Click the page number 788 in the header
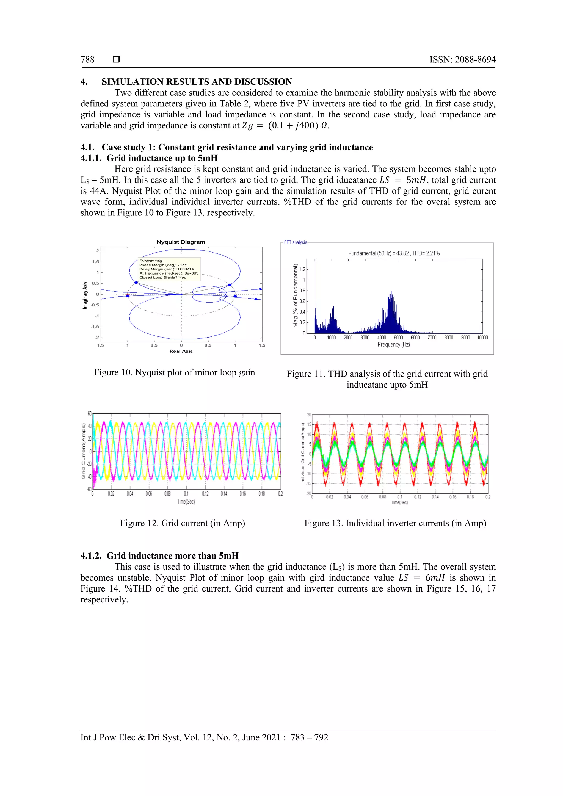[x=87, y=60]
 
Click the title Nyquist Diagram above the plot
[x=181, y=242]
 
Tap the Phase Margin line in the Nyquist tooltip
[x=163, y=265]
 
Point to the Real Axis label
[x=181, y=351]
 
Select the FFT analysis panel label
[x=295, y=242]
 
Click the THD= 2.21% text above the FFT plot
[x=426, y=253]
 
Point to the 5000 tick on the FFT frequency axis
[x=398, y=337]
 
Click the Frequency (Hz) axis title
[x=394, y=345]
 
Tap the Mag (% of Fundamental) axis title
[x=295, y=295]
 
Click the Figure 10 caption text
[x=174, y=372]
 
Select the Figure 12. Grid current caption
[x=182, y=523]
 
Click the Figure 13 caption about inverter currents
[x=395, y=523]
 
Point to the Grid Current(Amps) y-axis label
[x=83, y=451]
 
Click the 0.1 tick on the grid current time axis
[x=186, y=494]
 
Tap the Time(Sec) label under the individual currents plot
[x=399, y=502]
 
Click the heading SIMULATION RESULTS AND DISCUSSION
[x=197, y=82]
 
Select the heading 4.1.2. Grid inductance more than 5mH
[x=159, y=556]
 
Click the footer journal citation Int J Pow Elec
[x=204, y=737]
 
